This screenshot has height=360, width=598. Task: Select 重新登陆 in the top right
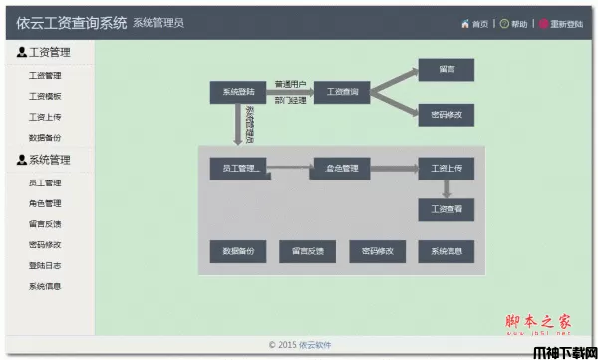click(565, 24)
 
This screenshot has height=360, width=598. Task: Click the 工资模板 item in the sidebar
click(45, 97)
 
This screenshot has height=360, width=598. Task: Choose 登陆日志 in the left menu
click(45, 265)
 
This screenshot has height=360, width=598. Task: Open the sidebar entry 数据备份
click(45, 138)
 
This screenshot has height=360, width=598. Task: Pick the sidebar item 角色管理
click(45, 203)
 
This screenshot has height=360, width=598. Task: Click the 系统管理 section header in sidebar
click(49, 160)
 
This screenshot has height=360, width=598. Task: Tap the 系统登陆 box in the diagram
click(237, 93)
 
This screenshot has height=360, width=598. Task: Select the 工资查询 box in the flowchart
click(342, 93)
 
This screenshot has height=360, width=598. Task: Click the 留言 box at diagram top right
click(446, 70)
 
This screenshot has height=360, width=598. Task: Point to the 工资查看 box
click(446, 210)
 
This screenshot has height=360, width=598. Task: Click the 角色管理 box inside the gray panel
click(341, 168)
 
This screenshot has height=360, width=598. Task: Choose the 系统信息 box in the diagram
click(446, 252)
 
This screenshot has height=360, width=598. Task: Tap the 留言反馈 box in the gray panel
click(308, 252)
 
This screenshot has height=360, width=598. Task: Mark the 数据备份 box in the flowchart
click(237, 252)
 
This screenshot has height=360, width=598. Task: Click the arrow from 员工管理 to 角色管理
click(289, 168)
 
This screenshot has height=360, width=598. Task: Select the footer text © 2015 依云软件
click(300, 345)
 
